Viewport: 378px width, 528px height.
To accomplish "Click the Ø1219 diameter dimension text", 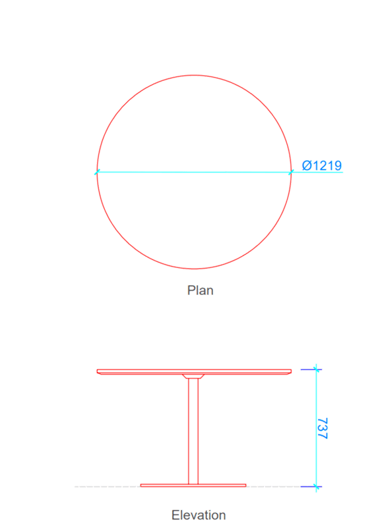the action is [322, 165].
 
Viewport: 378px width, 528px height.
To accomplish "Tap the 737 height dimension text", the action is [323, 429].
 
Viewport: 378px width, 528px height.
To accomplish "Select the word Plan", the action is [200, 290].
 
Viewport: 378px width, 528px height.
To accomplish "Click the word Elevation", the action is [199, 515].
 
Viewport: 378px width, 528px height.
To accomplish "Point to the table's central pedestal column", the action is [193, 431].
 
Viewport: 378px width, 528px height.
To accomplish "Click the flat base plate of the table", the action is [193, 485].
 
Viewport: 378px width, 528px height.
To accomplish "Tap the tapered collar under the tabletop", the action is [193, 376].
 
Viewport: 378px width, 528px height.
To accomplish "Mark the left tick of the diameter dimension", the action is [97, 172].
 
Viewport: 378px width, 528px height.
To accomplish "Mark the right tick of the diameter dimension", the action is [291, 172].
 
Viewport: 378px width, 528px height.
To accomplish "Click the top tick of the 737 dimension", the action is [316, 369].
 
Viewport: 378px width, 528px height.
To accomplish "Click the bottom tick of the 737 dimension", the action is [316, 487].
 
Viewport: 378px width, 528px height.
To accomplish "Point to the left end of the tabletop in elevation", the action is [97, 371].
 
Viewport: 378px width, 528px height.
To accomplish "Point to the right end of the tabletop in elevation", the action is [291, 371].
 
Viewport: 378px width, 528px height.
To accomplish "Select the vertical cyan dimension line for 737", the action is [316, 428].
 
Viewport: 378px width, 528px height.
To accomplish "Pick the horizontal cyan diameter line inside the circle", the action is [194, 172].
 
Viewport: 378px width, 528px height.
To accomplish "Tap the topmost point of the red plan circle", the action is [194, 75].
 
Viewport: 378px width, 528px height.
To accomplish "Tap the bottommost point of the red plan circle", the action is [194, 269].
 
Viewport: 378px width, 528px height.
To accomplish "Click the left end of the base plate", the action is [141, 485].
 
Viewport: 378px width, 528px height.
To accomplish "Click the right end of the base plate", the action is [246, 485].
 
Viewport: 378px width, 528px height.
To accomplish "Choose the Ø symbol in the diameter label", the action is [307, 165].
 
